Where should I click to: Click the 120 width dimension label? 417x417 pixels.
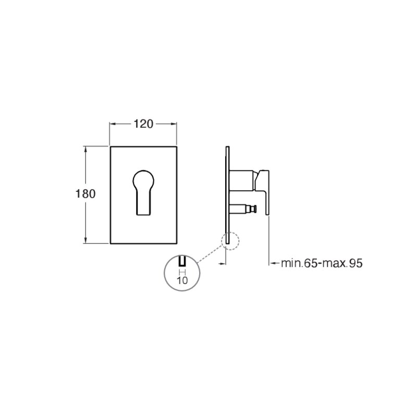(x=143, y=124)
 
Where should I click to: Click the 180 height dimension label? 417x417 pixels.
(x=85, y=194)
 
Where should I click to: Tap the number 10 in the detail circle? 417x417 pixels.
(x=182, y=280)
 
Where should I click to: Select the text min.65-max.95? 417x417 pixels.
(x=322, y=263)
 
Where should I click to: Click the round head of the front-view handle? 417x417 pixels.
(x=143, y=178)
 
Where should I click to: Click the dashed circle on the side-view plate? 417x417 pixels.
(x=230, y=241)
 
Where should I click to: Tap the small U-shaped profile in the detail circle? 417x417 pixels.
(x=182, y=262)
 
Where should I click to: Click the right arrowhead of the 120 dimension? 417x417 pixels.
(x=174, y=124)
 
